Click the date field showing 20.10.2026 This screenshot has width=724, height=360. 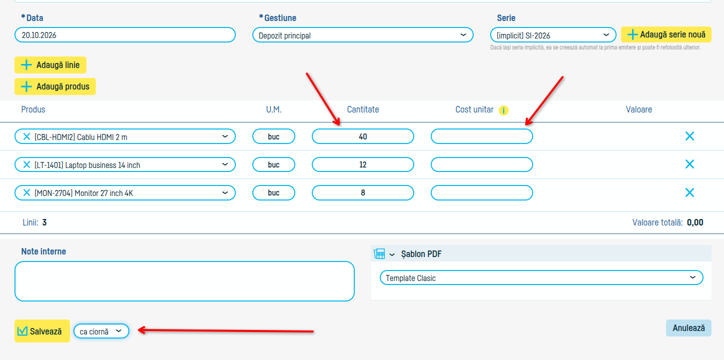pyautogui.click(x=125, y=35)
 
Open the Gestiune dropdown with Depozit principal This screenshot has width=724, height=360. pyautogui.click(x=363, y=35)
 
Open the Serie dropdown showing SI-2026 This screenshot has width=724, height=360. pyautogui.click(x=553, y=35)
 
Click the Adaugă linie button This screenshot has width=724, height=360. pyautogui.click(x=50, y=65)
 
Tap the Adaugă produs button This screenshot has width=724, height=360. pyautogui.click(x=55, y=86)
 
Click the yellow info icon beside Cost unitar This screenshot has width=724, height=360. pyautogui.click(x=503, y=110)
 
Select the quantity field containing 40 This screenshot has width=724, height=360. pyautogui.click(x=363, y=136)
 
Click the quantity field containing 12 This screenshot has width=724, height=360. pyautogui.click(x=363, y=164)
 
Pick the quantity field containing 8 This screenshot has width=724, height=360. pyautogui.click(x=363, y=193)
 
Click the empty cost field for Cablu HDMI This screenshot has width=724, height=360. pyautogui.click(x=482, y=136)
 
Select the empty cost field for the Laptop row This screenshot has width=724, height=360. pyautogui.click(x=482, y=164)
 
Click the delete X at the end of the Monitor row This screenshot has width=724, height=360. pyautogui.click(x=690, y=192)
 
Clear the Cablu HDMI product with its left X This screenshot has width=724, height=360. pyautogui.click(x=26, y=136)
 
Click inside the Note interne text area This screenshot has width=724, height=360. pyautogui.click(x=184, y=281)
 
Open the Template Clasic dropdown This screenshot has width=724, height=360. pyautogui.click(x=542, y=277)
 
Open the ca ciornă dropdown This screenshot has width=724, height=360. pyautogui.click(x=101, y=331)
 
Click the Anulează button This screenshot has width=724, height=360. pyautogui.click(x=689, y=328)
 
